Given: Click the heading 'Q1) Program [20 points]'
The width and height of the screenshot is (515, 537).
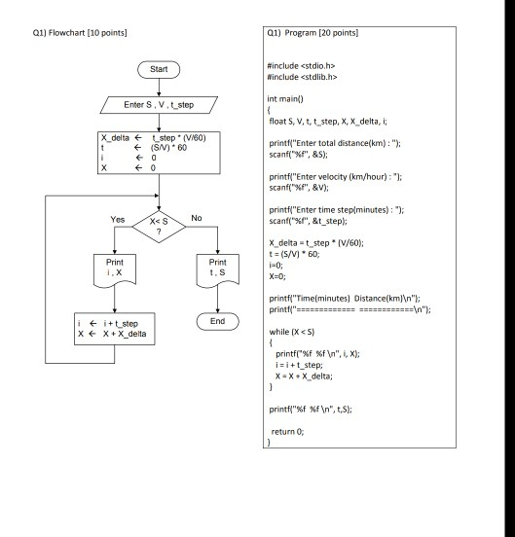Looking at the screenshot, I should (312, 34).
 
